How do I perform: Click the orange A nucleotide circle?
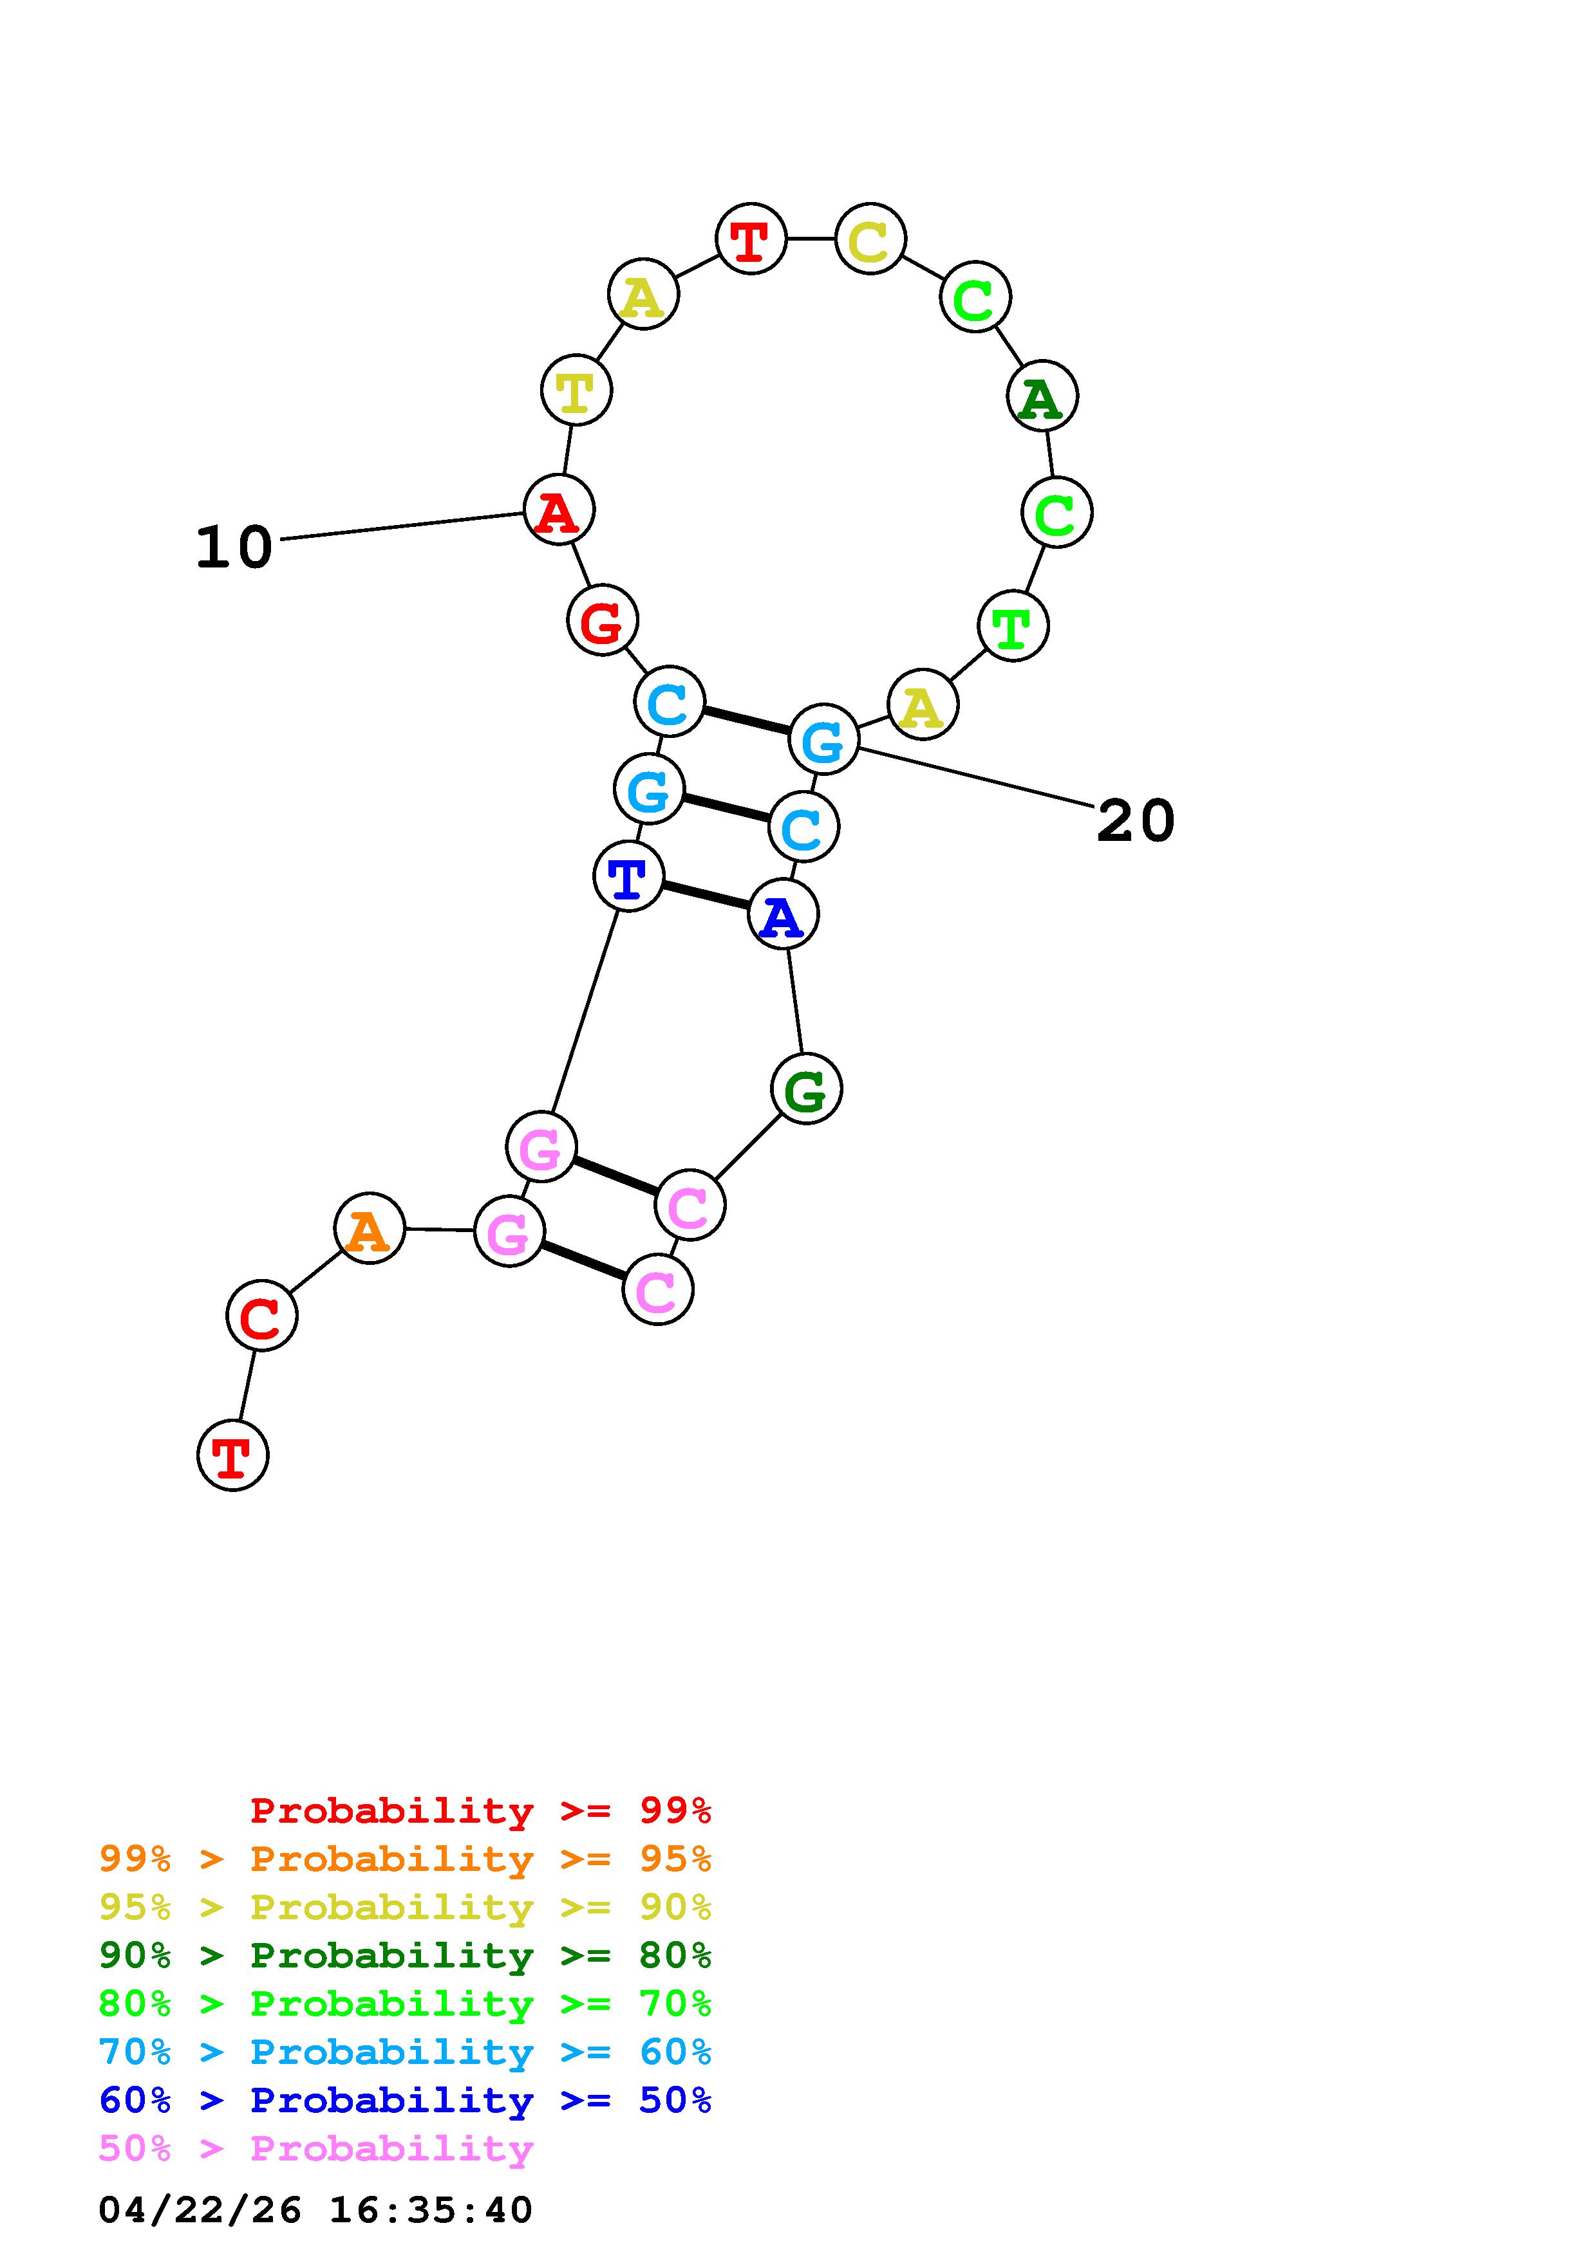369,1229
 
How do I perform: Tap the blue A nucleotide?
783,915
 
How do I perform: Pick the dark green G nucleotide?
806,1089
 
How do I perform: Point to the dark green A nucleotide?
1042,396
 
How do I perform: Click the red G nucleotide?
602,620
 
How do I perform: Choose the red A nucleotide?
559,510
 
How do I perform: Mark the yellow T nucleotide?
576,391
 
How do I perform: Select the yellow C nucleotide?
870,239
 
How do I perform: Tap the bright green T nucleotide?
1013,625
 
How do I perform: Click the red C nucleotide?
261,1315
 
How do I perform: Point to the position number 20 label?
1136,821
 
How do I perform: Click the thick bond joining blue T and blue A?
705,896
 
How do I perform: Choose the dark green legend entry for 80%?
405,1955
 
